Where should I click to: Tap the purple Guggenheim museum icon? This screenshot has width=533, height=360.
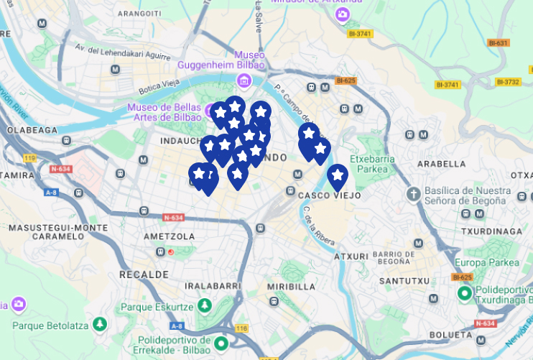pyautogui.click(x=246, y=80)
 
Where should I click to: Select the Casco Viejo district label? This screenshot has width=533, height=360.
pyautogui.click(x=328, y=195)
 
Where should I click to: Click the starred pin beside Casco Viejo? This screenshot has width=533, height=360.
pyautogui.click(x=337, y=175)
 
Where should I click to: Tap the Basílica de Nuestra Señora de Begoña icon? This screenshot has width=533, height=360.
pyautogui.click(x=413, y=194)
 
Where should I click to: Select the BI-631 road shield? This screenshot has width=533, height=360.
pyautogui.click(x=498, y=43)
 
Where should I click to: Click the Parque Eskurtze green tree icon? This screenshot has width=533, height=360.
pyautogui.click(x=205, y=306)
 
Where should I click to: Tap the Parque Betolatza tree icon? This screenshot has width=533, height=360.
pyautogui.click(x=99, y=325)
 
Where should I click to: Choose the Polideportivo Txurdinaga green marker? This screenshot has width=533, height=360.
pyautogui.click(x=465, y=293)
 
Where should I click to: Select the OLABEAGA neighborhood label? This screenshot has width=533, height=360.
pyautogui.click(x=32, y=130)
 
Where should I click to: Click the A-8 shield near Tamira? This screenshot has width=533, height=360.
pyautogui.click(x=51, y=193)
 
